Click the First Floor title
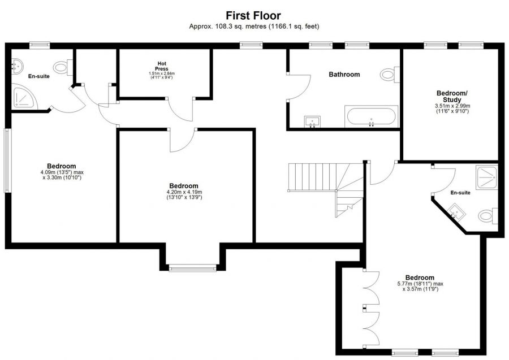pos(253,15)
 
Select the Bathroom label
pos(344,74)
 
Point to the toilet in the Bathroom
pos(389,74)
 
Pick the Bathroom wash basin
pos(312,121)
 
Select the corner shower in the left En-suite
pos(24,99)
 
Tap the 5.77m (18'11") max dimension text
pos(420,284)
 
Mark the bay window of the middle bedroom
pos(192,268)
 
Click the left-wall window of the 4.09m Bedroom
pos(7,161)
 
